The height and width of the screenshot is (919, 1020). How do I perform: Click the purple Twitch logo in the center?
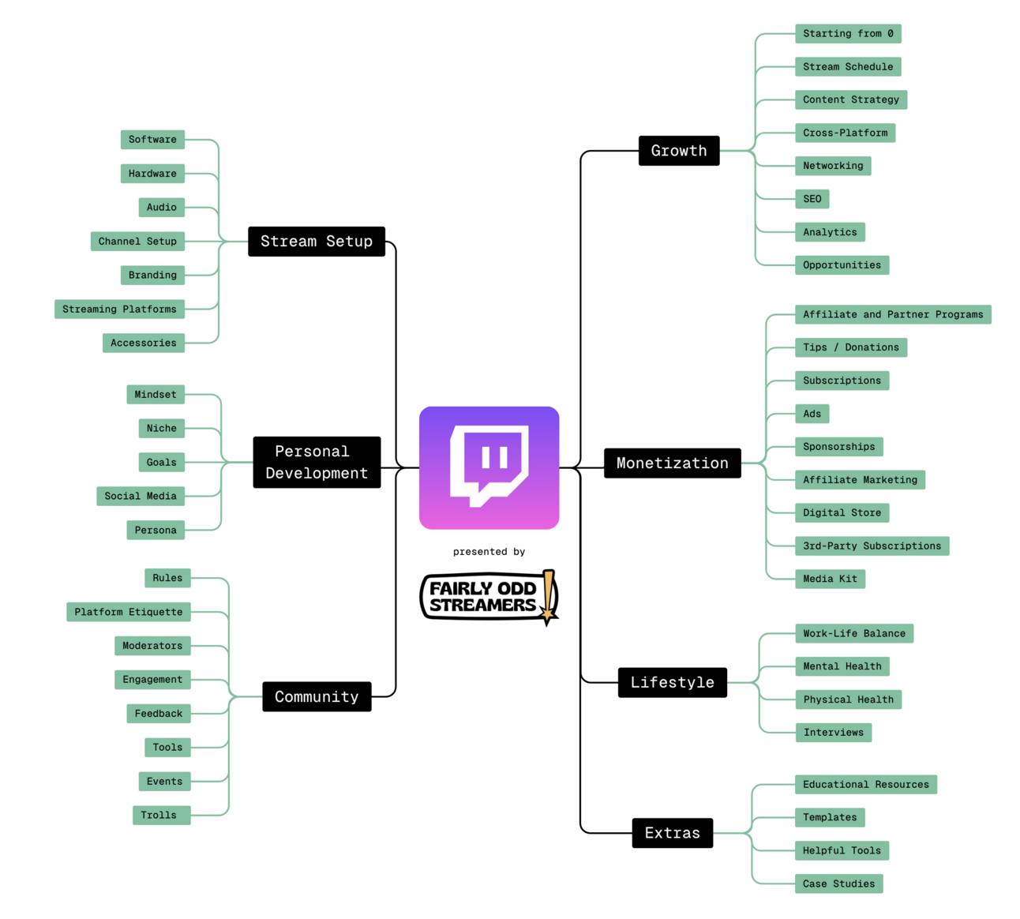pos(489,467)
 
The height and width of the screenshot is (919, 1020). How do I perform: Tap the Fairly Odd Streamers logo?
pos(489,597)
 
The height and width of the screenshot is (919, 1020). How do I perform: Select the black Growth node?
pos(678,151)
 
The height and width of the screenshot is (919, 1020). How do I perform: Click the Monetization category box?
pos(672,463)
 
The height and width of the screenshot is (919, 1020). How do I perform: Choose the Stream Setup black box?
pos(316,242)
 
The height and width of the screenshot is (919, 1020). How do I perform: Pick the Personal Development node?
pos(316,463)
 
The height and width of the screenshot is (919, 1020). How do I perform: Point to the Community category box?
pos(316,697)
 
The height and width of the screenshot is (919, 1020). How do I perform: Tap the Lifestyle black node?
pos(672,683)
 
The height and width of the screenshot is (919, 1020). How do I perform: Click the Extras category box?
pos(672,833)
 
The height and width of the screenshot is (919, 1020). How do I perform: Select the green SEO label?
pos(812,199)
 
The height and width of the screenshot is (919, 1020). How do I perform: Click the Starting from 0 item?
pos(848,34)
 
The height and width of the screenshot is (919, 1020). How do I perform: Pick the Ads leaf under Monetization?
pos(812,414)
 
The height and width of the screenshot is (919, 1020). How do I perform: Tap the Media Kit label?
pos(830,579)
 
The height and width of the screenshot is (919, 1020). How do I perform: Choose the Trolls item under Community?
pos(160,815)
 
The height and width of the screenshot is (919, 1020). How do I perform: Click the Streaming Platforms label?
pos(119,309)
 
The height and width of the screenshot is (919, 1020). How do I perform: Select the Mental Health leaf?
pos(842,666)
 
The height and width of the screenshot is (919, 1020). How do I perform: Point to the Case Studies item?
pos(838,883)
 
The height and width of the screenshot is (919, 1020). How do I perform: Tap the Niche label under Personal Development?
pos(161,429)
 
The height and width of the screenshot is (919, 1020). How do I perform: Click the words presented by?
pos(489,552)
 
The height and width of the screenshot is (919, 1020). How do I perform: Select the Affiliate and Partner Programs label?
pos(892,314)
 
